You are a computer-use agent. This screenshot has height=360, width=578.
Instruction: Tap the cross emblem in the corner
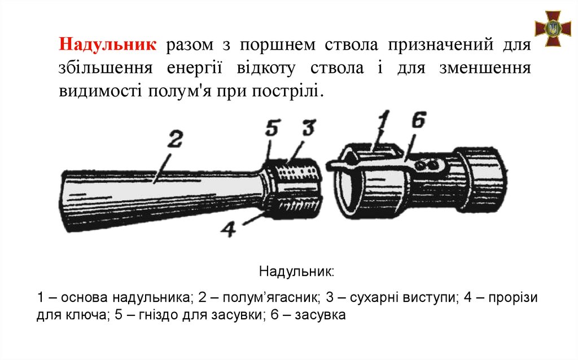553,28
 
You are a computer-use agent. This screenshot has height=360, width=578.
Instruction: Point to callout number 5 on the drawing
272,129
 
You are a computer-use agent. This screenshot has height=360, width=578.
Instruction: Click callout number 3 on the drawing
307,128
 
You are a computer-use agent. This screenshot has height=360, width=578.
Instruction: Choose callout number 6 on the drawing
419,121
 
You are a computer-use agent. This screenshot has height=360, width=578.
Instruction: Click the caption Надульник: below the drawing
297,271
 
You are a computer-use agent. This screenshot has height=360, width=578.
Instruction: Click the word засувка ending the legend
321,314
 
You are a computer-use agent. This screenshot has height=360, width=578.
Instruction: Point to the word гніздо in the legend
157,314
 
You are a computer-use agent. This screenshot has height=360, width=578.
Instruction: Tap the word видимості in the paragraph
100,90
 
